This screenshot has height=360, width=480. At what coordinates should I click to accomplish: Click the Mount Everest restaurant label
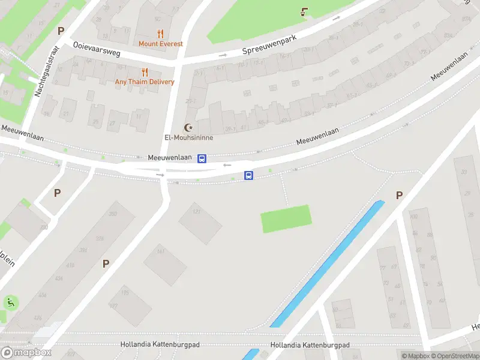click(160, 44)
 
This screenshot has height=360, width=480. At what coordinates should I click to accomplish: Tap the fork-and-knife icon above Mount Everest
click(160, 34)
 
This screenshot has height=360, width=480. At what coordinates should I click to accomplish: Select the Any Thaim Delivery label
click(145, 82)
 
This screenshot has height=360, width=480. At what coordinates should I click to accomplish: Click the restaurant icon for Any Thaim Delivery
click(145, 72)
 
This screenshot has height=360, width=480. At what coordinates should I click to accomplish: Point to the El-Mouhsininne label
click(188, 137)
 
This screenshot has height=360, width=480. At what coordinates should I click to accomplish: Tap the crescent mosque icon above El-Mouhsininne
click(190, 127)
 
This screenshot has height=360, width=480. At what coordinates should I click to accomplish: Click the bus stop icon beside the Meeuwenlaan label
click(202, 158)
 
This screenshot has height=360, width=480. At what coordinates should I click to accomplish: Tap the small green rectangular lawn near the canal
click(286, 218)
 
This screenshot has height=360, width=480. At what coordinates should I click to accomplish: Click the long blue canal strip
click(328, 264)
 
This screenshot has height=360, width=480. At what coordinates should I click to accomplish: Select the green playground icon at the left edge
click(10, 303)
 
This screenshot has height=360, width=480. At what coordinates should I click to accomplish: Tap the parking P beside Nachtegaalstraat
click(60, 31)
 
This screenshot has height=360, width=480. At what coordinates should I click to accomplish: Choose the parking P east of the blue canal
click(399, 196)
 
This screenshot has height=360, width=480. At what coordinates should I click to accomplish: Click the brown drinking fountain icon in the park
click(305, 11)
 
